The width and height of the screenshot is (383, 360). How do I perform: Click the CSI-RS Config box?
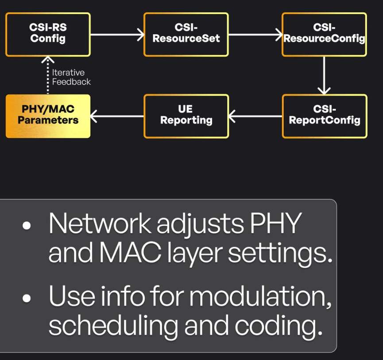(x=48, y=35)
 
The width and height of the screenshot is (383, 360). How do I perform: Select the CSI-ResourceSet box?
(x=186, y=35)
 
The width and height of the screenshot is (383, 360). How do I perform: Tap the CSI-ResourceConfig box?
(x=325, y=35)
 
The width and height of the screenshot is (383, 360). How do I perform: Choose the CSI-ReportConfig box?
(x=325, y=116)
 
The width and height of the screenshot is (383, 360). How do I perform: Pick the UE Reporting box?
(x=186, y=116)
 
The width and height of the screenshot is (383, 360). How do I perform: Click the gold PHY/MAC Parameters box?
(x=48, y=116)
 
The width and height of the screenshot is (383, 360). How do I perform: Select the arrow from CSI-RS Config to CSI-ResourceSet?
(x=117, y=35)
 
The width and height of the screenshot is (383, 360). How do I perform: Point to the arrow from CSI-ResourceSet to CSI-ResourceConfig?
(x=255, y=35)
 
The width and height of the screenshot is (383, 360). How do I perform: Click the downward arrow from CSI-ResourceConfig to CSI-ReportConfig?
(x=324, y=75)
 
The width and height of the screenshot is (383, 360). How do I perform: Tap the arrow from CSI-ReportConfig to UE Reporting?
(x=255, y=116)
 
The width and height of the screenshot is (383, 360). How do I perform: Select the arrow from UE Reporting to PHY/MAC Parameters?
(x=117, y=116)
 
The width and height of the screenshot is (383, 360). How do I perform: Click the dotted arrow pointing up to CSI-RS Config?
(x=48, y=75)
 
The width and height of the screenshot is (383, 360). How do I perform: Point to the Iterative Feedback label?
(x=71, y=77)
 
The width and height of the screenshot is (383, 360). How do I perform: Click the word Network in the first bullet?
(x=100, y=223)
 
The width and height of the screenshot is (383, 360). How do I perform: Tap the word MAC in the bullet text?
(x=130, y=252)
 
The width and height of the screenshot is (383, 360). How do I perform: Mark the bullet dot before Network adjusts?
(x=27, y=226)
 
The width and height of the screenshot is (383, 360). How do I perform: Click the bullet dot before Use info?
(x=27, y=298)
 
